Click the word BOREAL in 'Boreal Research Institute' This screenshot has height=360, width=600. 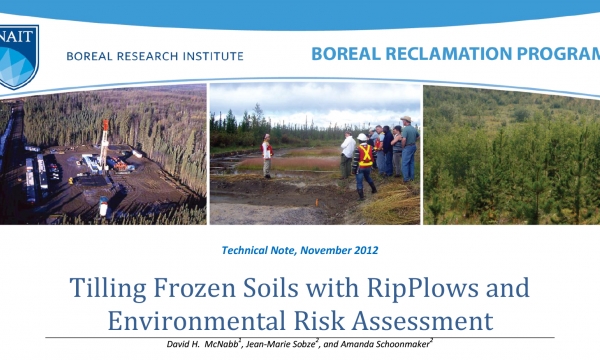[x=92, y=55]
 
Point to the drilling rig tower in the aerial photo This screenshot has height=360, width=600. [x=104, y=140]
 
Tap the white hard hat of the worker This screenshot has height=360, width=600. [x=361, y=136]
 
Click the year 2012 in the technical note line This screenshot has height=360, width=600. [x=363, y=249]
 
